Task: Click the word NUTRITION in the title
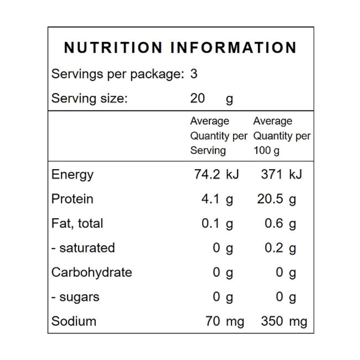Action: (113, 48)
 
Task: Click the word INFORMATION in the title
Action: (234, 48)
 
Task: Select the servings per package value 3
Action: (194, 74)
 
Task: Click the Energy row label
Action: (72, 175)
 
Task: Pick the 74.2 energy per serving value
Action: (207, 174)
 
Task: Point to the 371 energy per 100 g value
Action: (271, 174)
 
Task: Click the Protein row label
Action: (72, 199)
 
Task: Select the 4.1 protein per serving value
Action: (210, 199)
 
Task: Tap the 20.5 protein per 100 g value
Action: (270, 199)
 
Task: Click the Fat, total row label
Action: (77, 224)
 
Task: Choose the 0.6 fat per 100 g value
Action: (274, 223)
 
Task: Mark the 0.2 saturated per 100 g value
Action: (274, 248)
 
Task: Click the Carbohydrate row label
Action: (91, 273)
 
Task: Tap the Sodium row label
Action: (74, 321)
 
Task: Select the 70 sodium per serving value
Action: (213, 321)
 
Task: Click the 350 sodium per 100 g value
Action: (272, 321)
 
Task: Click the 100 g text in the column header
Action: (266, 151)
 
